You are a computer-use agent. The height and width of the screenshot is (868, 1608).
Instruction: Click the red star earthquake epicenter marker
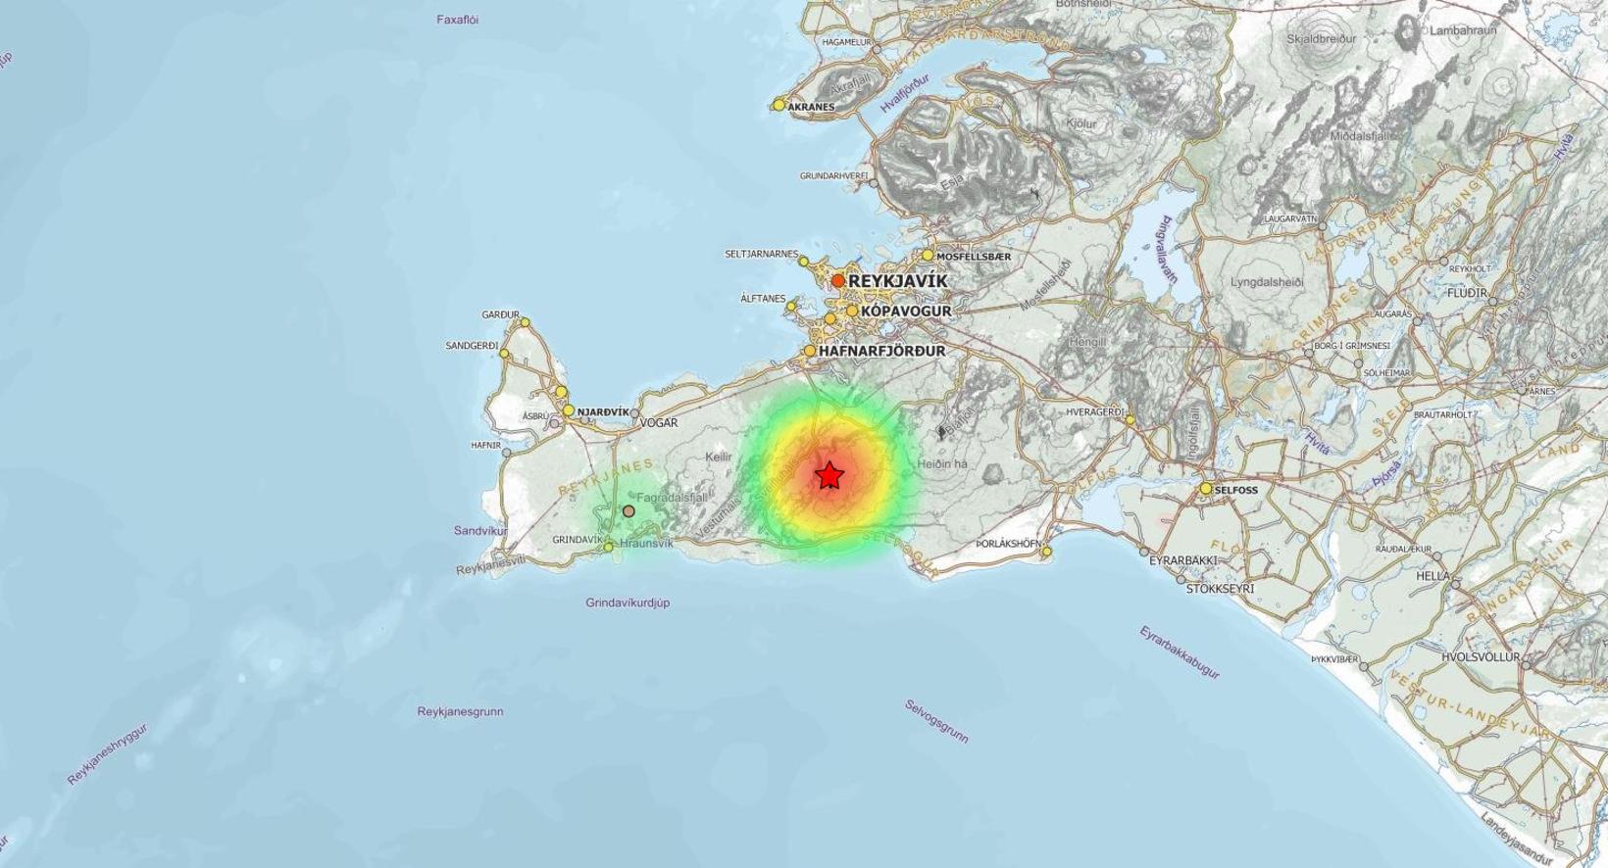point(829,476)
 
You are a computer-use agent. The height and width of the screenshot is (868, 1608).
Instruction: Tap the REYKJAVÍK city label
point(897,281)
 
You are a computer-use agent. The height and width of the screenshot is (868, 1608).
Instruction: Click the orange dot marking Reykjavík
point(838,281)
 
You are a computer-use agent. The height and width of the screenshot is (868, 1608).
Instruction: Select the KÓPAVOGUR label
point(906,311)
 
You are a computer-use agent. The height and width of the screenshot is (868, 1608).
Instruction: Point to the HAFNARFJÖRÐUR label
point(881,351)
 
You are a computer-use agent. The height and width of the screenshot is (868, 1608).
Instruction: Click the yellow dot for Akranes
point(779,105)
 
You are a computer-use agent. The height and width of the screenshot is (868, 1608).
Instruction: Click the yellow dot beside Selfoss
point(1206,488)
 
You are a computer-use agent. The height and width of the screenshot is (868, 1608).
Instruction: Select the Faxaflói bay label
point(457,20)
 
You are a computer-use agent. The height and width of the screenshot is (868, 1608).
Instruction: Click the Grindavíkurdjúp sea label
point(628,603)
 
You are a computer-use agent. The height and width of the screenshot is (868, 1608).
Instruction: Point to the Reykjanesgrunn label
point(460,711)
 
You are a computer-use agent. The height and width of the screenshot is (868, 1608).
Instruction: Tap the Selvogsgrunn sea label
point(936,720)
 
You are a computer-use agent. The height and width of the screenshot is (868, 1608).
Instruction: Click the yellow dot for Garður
point(525,321)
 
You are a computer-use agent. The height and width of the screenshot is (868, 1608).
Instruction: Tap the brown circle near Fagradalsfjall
point(628,511)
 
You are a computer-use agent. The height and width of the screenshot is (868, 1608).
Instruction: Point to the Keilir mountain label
point(719,458)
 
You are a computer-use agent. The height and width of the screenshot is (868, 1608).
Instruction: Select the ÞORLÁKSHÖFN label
point(1008,543)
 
